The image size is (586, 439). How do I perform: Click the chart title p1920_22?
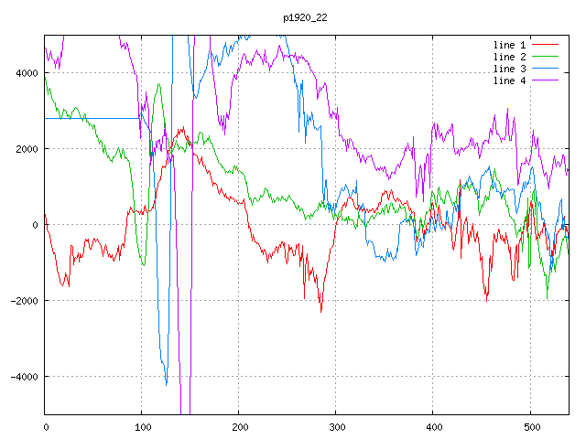pos(305,18)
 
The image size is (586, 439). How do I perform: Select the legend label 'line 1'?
pos(509,45)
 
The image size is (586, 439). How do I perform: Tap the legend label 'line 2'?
pos(509,57)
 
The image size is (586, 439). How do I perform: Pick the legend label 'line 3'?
pos(509,70)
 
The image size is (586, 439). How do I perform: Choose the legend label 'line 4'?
pos(509,80)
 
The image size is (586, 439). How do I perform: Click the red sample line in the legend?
pos(545,45)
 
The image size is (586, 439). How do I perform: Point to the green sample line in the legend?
pos(545,57)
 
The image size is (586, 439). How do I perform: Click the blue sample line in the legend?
pos(545,69)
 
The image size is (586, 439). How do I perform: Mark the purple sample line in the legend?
pos(545,80)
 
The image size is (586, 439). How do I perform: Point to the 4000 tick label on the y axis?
pos(27,73)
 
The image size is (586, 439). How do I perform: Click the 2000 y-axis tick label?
pos(27,149)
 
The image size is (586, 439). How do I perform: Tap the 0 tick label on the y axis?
pos(35,225)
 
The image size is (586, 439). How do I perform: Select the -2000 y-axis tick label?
pos(25,301)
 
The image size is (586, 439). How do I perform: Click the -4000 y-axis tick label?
pos(25,377)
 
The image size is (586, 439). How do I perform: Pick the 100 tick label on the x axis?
pos(143,427)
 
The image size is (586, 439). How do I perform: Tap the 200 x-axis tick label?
pos(240,427)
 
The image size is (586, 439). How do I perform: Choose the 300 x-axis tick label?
pos(337,427)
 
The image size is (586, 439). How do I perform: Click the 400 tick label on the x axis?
pos(434,427)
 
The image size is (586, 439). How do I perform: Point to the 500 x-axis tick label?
pos(531,427)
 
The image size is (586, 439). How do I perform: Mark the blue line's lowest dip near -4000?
pos(167,384)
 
